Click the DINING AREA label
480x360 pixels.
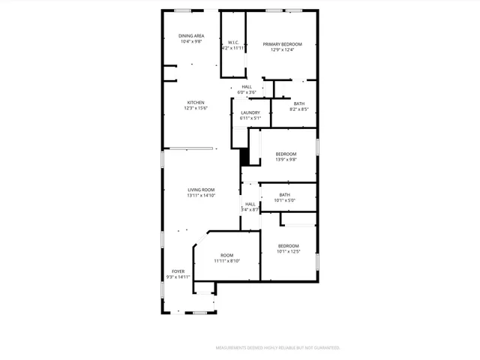[x=191, y=36]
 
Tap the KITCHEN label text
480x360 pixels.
[x=196, y=103]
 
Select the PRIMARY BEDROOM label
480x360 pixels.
[x=282, y=44]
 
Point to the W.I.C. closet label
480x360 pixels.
[x=233, y=42]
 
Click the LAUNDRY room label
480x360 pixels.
[x=250, y=112]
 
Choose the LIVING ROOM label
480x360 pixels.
[x=201, y=190]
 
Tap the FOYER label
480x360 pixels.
[x=178, y=271]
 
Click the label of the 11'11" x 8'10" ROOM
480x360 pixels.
[x=226, y=256]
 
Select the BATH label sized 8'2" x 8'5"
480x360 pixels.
[x=299, y=103]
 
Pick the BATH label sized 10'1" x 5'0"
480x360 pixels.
[x=285, y=195]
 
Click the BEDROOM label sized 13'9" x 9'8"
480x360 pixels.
[x=286, y=154]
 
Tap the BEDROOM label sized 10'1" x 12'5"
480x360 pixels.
[x=289, y=246]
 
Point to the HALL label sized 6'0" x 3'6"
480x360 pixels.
[x=247, y=87]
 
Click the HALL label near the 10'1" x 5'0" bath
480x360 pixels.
[x=250, y=204]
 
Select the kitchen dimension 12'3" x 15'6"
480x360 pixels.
[x=196, y=109]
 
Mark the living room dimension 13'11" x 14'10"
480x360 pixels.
[x=201, y=196]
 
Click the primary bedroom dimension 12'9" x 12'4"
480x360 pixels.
[x=282, y=50]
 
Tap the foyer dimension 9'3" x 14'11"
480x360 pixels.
[x=178, y=277]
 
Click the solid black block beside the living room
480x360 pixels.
[x=244, y=157]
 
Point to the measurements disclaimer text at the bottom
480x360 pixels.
[x=277, y=348]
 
